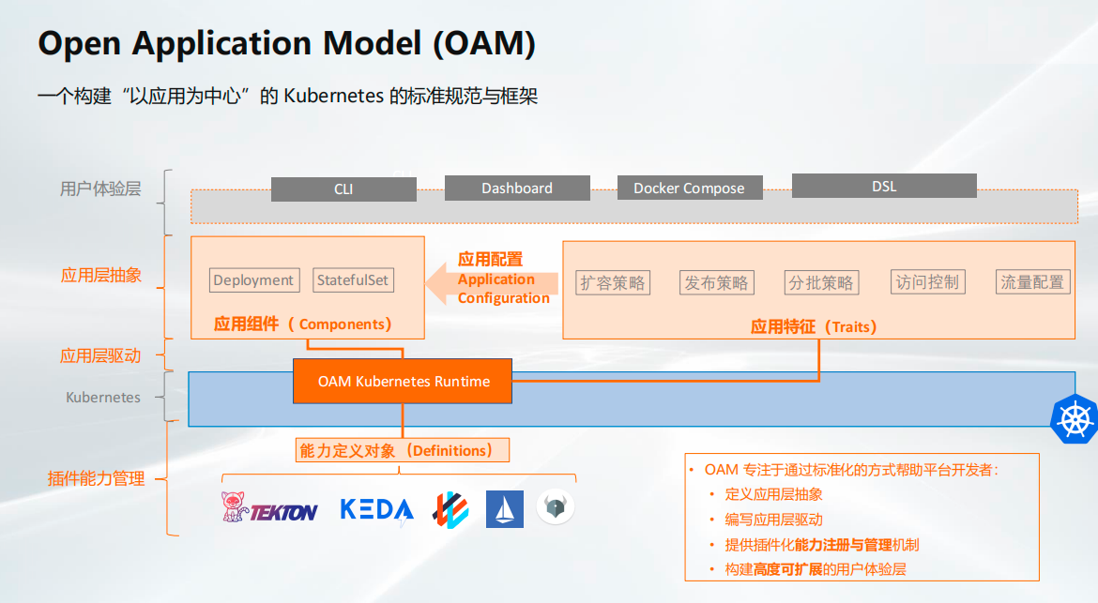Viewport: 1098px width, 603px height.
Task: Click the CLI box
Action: (x=343, y=188)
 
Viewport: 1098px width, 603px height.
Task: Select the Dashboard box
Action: (x=517, y=188)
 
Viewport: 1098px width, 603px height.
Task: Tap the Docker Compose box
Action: (x=689, y=188)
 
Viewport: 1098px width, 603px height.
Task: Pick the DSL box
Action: (x=884, y=186)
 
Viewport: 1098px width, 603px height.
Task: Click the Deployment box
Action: (x=254, y=279)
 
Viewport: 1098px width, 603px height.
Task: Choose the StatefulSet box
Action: (x=352, y=279)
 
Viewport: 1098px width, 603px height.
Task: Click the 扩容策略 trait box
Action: (x=613, y=282)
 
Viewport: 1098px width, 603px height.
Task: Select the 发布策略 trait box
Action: (x=716, y=282)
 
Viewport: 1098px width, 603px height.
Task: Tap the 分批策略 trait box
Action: (x=821, y=282)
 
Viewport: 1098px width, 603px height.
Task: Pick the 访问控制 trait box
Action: (x=928, y=282)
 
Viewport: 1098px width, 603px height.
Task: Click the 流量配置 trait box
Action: (x=1033, y=282)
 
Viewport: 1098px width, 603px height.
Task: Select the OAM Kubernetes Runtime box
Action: (x=402, y=382)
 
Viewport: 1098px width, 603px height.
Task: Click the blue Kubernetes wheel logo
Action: (x=1075, y=419)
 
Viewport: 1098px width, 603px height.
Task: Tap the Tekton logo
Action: (x=269, y=508)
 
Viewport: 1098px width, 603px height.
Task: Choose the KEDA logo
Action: (x=376, y=510)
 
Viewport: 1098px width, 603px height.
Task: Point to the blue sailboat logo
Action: (x=504, y=508)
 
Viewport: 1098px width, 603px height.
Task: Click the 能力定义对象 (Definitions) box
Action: (x=402, y=450)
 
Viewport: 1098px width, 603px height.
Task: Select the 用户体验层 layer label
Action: (x=100, y=188)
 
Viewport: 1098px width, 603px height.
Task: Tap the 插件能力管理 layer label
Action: (x=96, y=478)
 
